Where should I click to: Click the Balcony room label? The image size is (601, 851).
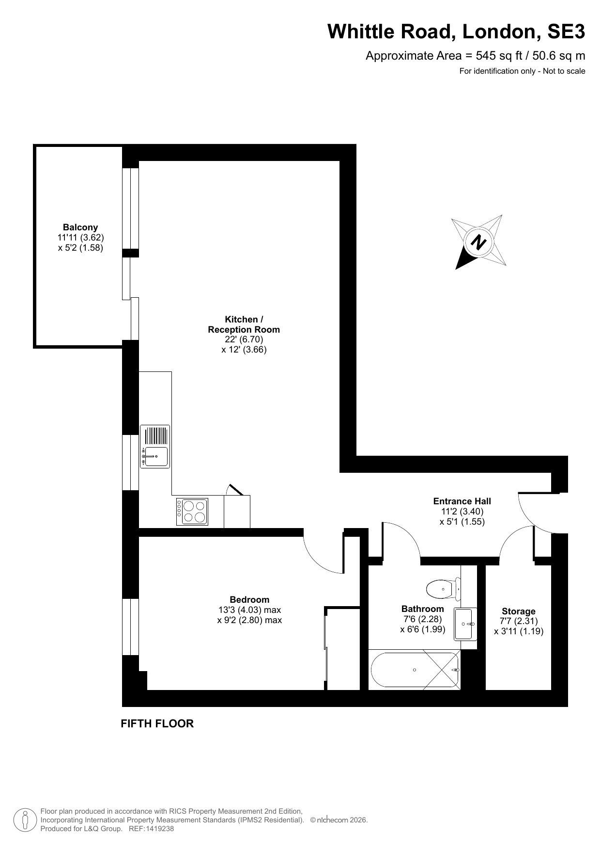click(x=80, y=227)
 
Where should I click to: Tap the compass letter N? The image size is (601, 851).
click(x=479, y=241)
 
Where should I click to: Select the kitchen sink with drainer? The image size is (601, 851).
click(x=155, y=447)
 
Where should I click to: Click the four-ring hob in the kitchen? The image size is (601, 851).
click(x=192, y=512)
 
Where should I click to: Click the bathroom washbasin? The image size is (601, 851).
click(x=465, y=624)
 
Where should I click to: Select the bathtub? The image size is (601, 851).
click(x=415, y=670)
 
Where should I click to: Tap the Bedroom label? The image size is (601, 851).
click(x=249, y=600)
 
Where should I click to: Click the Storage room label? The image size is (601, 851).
click(x=519, y=611)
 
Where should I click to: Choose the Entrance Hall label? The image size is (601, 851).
click(x=462, y=501)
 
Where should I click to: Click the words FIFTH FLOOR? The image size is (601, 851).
click(x=157, y=723)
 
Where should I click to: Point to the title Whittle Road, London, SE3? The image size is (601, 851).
click(x=456, y=32)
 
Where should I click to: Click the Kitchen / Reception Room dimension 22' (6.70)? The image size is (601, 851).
click(x=244, y=339)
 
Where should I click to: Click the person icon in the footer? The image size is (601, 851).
click(x=25, y=820)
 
